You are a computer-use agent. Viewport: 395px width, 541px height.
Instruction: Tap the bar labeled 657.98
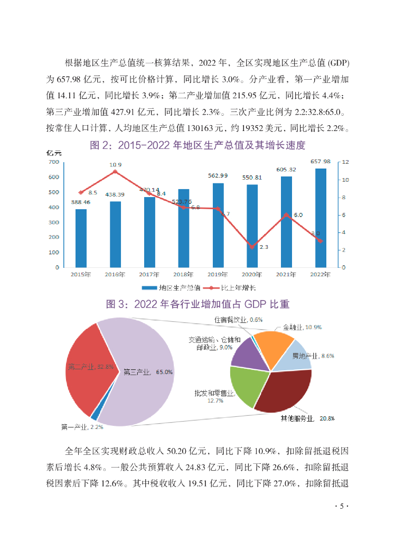321,218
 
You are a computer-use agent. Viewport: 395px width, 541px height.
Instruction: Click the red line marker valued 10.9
115,172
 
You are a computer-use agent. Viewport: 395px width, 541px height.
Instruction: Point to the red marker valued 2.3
252,247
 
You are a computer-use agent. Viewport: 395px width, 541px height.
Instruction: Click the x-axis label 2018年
183,275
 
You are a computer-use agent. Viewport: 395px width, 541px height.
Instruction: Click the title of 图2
197,145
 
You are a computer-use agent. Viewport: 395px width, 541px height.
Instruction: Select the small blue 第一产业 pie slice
95,416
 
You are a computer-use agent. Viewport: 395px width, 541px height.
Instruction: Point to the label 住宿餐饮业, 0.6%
238,320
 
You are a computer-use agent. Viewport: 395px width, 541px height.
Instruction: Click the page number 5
342,506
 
